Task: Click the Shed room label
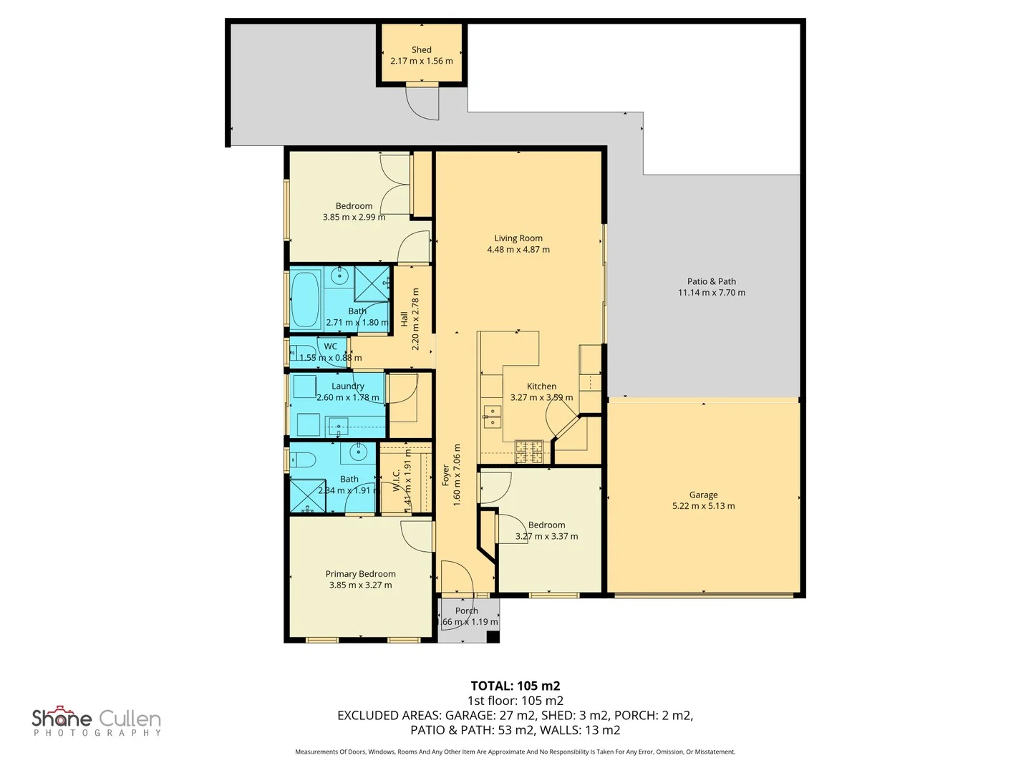[421, 49]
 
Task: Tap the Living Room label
[518, 238]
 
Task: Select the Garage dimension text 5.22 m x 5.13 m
[703, 506]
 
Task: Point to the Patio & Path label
[712, 281]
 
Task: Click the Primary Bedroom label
[360, 574]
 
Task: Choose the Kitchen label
[541, 386]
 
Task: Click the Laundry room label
[348, 386]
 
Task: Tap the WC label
[330, 346]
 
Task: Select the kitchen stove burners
[530, 451]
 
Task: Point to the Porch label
[466, 611]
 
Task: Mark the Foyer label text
[445, 476]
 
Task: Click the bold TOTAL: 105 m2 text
[515, 686]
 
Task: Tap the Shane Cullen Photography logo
[96, 721]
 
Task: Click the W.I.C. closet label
[396, 480]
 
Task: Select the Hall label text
[404, 319]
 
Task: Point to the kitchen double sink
[493, 417]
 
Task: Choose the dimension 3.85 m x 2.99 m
[354, 217]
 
